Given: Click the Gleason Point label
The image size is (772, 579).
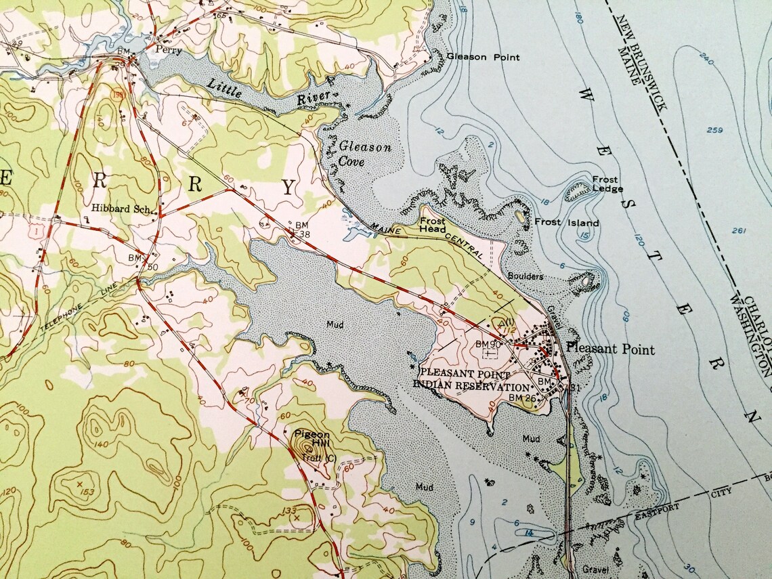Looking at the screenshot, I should point(483,57).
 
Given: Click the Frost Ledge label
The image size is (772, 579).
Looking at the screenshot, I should point(607,184).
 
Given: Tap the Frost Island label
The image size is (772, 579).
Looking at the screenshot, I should point(567,223).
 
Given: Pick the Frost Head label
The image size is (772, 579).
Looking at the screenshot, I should point(432,225).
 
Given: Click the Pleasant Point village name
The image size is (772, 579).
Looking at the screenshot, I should point(610,349).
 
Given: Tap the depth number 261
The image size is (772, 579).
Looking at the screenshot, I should point(739,232).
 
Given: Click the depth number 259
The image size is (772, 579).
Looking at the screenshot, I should point(712,130).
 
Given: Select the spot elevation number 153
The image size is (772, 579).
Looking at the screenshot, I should point(87,491).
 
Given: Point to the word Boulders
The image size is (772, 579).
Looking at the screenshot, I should point(526,276).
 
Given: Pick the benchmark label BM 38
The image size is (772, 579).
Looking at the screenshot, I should point(302,228).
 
